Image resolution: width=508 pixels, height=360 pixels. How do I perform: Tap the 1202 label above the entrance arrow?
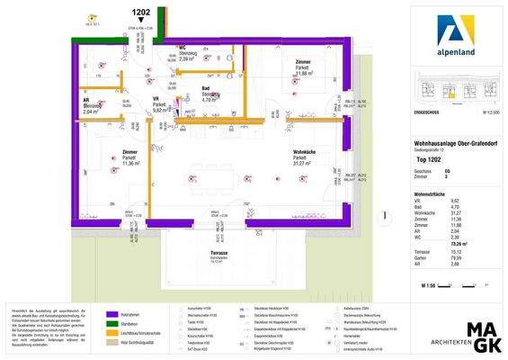(141, 13)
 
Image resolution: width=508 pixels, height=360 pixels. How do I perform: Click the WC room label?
(183, 47)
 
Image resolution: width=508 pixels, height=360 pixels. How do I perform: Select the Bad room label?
(207, 88)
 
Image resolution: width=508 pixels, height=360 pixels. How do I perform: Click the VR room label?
(156, 98)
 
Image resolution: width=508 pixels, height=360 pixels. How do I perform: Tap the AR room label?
(86, 100)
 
